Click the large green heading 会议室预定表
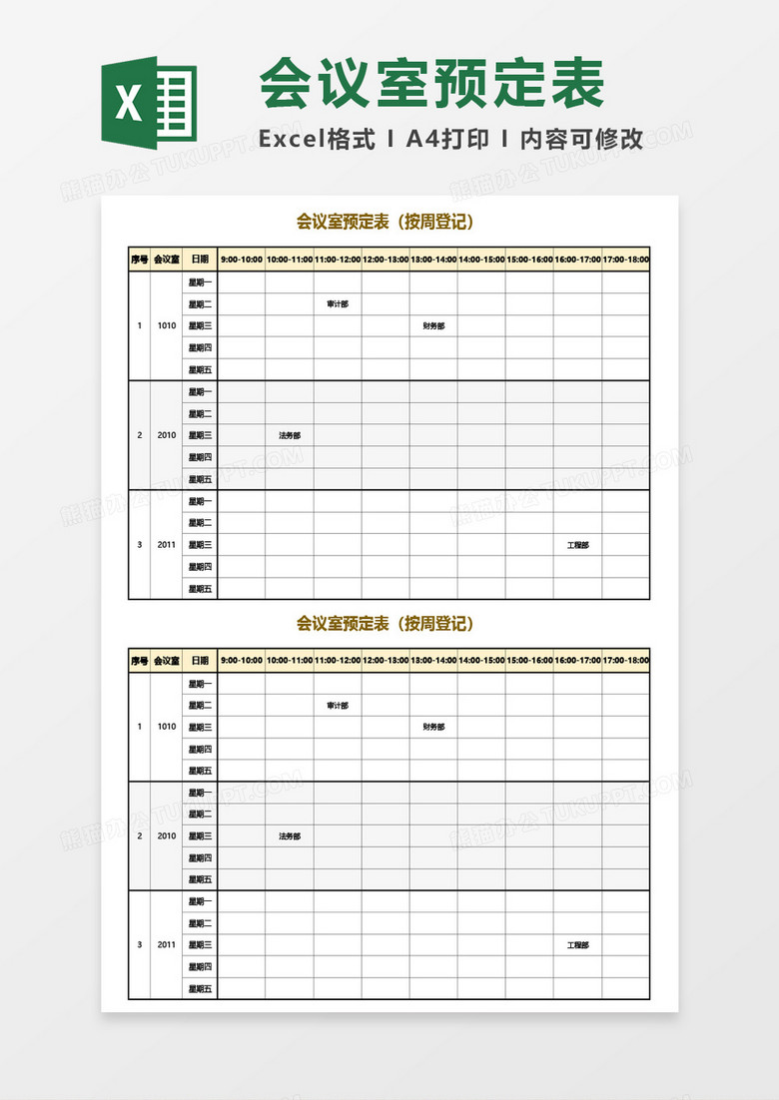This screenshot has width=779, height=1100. pos(432,84)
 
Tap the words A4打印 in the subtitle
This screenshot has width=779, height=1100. pos(447,140)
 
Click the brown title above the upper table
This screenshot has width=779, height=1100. pos(385,222)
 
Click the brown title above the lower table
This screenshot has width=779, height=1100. pos(385,624)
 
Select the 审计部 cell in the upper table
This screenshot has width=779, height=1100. pos(338,304)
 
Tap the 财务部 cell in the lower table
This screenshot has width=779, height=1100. pos(433,728)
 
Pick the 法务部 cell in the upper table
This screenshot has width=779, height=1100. pos(290,435)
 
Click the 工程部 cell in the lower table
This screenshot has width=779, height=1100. pos(577,945)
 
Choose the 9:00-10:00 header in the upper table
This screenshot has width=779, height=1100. pos(241,260)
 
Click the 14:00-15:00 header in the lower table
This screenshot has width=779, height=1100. pos(481,661)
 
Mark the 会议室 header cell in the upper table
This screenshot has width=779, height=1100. pos(167,260)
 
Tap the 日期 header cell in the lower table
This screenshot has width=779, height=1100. pos(200,661)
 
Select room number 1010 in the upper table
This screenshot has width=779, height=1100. pos(167,326)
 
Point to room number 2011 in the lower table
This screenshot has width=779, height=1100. pos(167,945)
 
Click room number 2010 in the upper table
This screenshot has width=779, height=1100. pos(167,435)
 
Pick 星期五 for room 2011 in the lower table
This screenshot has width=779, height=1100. pos(200,989)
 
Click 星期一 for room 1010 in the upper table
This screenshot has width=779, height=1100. pos(200,282)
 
